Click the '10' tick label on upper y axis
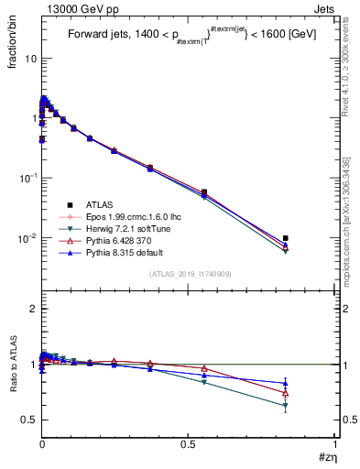(x=30, y=58)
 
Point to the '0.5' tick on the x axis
(x=188, y=443)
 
